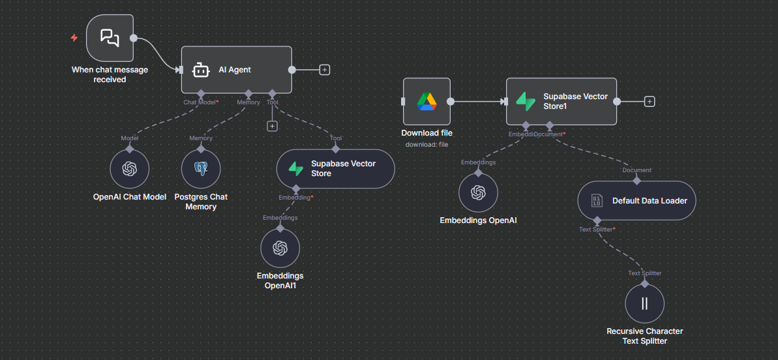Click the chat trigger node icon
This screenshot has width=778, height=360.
click(x=110, y=38)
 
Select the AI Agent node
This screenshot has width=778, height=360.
click(x=236, y=70)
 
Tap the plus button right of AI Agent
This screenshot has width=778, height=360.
click(x=325, y=70)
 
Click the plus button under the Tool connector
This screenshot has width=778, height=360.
click(x=273, y=126)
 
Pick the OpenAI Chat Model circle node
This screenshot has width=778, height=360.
click(x=129, y=169)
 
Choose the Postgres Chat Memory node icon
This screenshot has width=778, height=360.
click(x=201, y=169)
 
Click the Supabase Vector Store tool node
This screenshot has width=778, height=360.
click(x=335, y=169)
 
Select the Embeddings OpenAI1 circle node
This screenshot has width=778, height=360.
click(x=280, y=248)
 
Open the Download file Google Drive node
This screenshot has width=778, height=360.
click(x=426, y=101)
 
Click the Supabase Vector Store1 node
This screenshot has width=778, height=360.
click(x=561, y=101)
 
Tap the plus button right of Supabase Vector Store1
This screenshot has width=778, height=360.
click(x=649, y=101)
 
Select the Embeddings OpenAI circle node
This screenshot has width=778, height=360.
click(x=478, y=193)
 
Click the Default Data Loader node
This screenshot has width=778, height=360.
click(x=636, y=201)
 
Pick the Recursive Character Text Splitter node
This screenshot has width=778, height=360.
click(x=644, y=303)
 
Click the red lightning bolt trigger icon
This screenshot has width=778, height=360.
click(x=74, y=38)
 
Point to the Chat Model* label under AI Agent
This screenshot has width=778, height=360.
click(x=200, y=102)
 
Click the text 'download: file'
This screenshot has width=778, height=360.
click(x=426, y=144)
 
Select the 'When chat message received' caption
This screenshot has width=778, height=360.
click(x=110, y=74)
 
